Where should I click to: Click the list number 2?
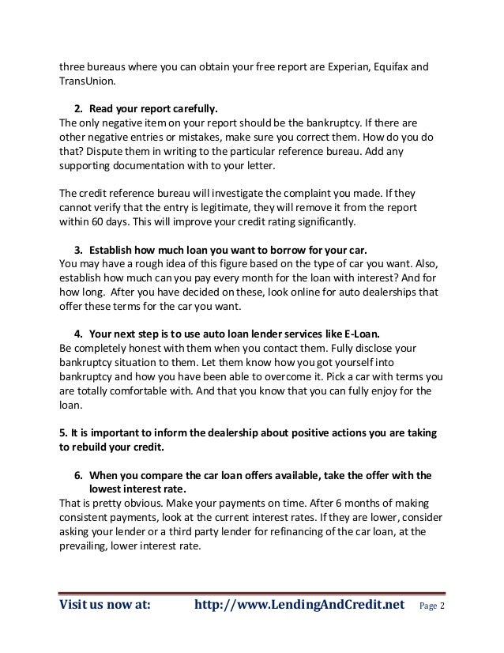[78, 108]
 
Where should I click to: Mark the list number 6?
[78, 476]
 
